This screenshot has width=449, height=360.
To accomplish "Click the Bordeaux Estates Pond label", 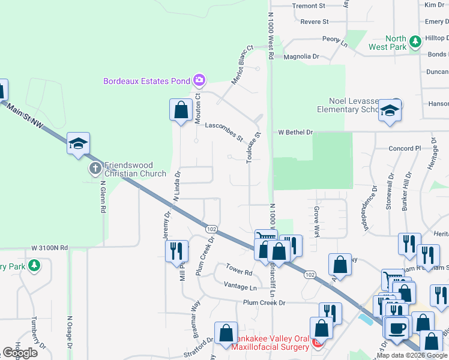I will (x=146, y=80).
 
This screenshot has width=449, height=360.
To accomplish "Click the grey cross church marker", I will (x=95, y=169).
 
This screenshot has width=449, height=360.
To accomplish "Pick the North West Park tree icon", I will (x=415, y=43).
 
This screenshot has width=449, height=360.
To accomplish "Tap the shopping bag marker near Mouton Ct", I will (x=181, y=110).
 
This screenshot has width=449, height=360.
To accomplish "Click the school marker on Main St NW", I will (x=78, y=143).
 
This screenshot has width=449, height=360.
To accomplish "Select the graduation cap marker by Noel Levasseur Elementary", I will (x=390, y=110).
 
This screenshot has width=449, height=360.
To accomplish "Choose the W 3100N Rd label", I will (x=50, y=247).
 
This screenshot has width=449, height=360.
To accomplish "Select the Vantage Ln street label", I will (x=240, y=287).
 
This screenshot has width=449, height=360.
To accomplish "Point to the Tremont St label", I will (x=308, y=5).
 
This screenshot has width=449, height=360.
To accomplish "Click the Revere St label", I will (x=315, y=22).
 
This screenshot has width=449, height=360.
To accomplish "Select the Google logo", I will (x=20, y=353).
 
